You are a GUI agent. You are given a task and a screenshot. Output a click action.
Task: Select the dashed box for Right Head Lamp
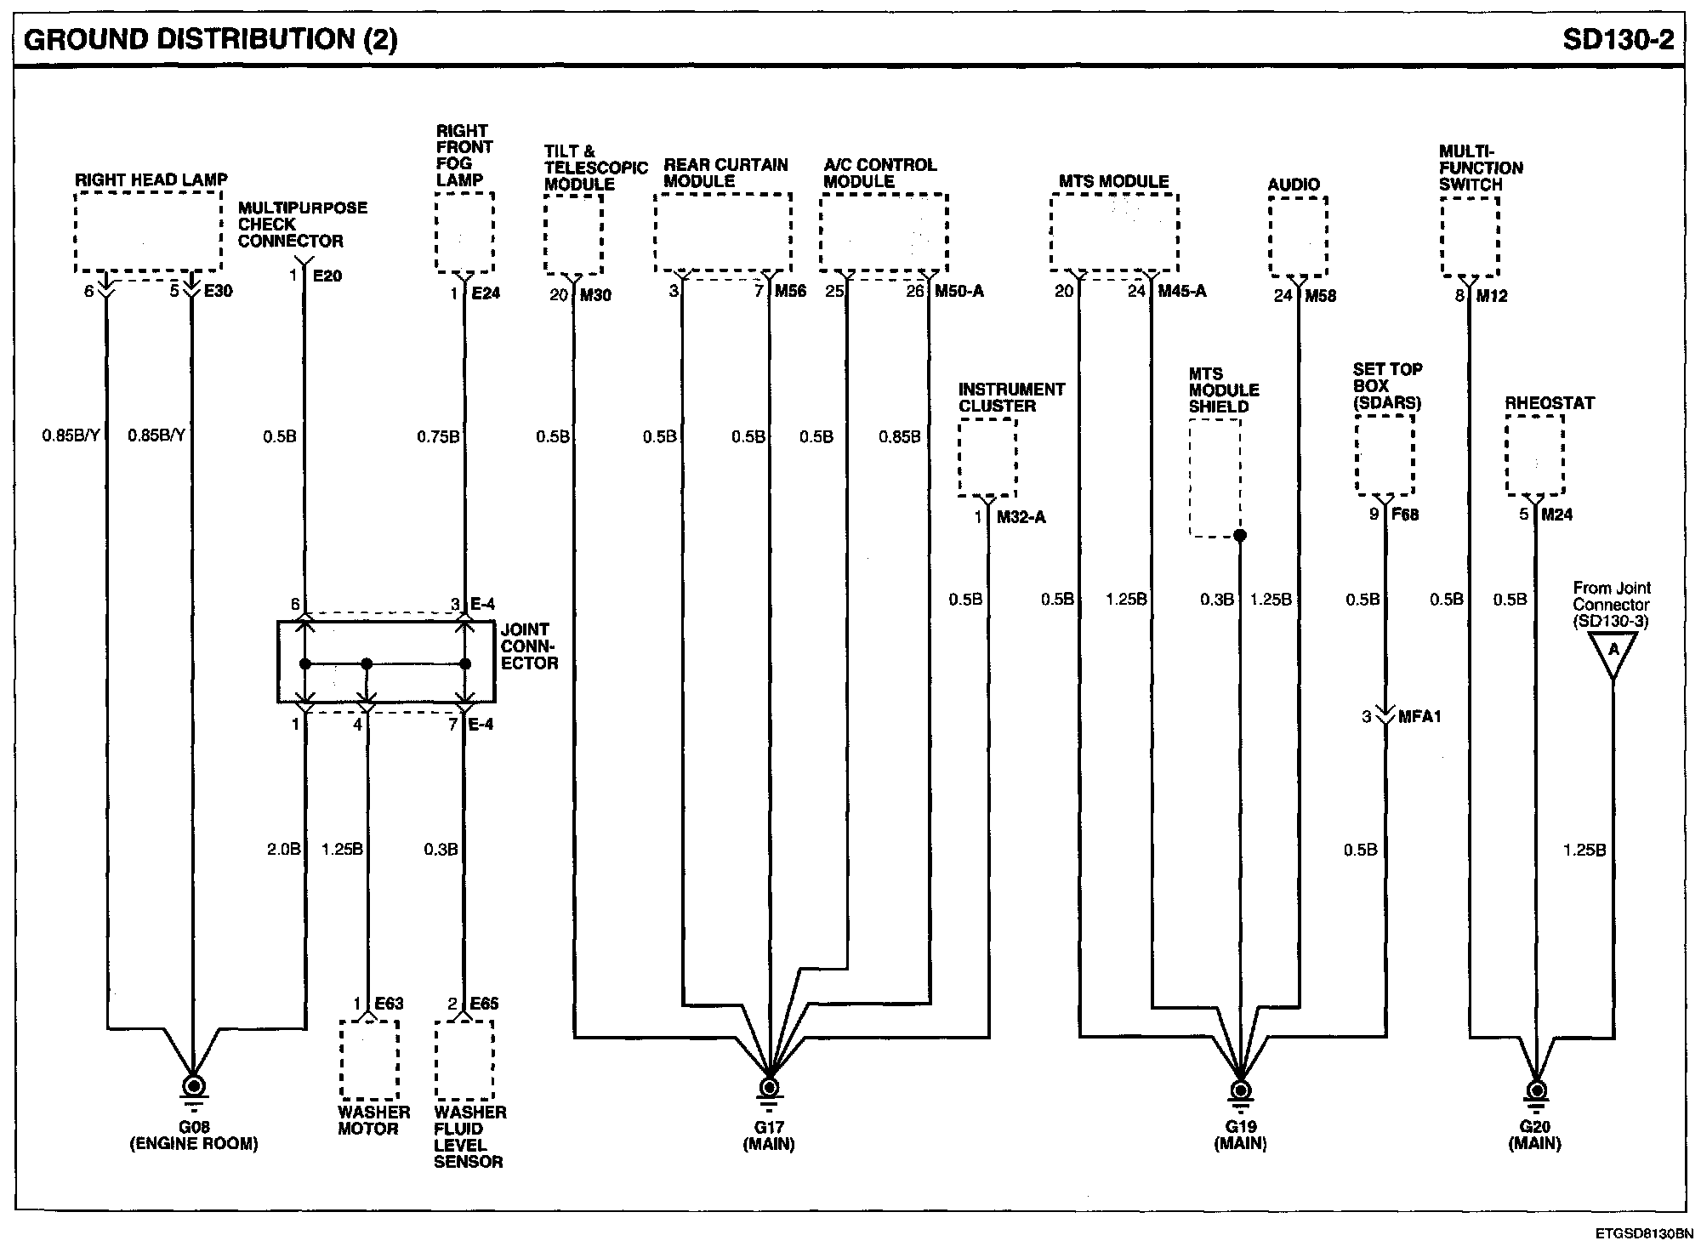tap(148, 231)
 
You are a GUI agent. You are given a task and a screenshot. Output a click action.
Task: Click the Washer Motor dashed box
tap(369, 1060)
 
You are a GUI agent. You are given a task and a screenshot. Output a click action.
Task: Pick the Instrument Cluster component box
tap(987, 458)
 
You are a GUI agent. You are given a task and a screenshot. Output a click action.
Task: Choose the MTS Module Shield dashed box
tap(1215, 478)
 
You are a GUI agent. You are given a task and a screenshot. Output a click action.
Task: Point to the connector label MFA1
tap(1419, 717)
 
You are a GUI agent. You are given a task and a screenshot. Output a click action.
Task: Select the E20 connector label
tap(327, 276)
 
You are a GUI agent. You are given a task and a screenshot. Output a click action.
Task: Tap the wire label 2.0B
tap(284, 849)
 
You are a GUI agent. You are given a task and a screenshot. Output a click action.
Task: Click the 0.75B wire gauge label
tap(438, 437)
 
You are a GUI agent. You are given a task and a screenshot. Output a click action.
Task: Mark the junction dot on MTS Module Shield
tap(1240, 536)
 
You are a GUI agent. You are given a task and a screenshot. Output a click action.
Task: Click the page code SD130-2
tap(1619, 39)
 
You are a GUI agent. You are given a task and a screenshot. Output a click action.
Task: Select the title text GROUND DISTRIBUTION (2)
tap(211, 39)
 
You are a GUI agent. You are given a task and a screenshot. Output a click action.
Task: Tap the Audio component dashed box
tap(1298, 236)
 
